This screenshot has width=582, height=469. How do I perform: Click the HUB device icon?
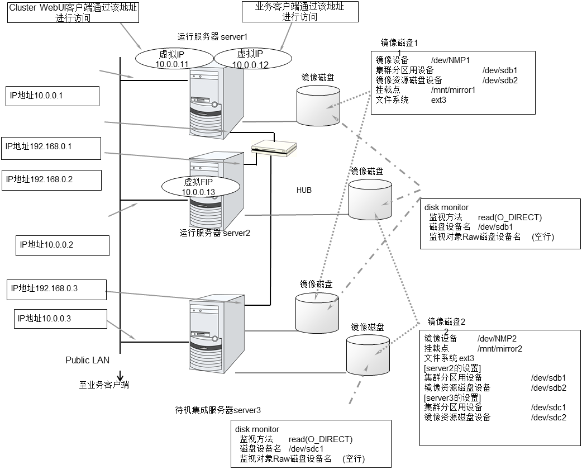[273, 148]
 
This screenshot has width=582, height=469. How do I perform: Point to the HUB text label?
[304, 191]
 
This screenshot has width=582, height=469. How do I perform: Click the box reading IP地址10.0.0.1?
[53, 96]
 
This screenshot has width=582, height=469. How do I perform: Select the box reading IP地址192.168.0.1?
[51, 147]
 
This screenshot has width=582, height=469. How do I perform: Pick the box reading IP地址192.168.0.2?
[51, 180]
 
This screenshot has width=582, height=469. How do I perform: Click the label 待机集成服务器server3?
[217, 410]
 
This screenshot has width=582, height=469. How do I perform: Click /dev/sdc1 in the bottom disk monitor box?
[306, 449]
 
